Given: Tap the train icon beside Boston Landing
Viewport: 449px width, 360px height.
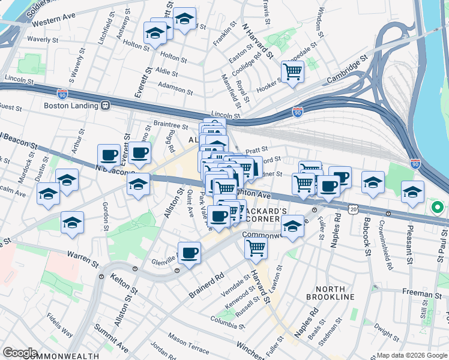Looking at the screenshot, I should tap(106, 106).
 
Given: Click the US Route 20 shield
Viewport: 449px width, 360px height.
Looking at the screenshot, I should tap(352, 208).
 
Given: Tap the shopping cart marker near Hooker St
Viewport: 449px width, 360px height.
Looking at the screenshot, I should tap(292, 73).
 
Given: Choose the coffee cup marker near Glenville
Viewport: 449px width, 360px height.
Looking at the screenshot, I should tap(190, 253).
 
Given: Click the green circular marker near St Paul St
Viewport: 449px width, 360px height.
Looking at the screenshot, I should tap(438, 208).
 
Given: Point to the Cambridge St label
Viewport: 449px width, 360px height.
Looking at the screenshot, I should tap(347, 71).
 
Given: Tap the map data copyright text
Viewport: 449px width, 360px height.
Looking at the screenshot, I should tap(412, 355).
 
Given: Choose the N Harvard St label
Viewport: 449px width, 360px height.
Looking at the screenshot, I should tap(258, 42).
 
